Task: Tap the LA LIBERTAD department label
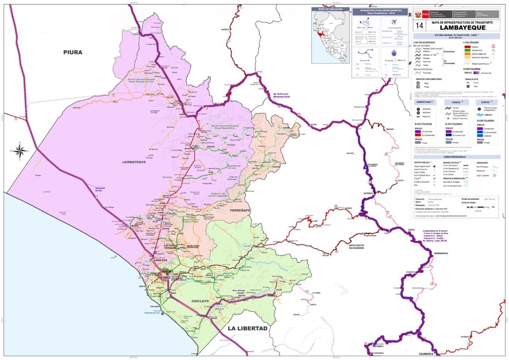248,329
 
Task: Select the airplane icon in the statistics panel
395,22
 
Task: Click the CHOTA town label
411,230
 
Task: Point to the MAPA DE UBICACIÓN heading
330,9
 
